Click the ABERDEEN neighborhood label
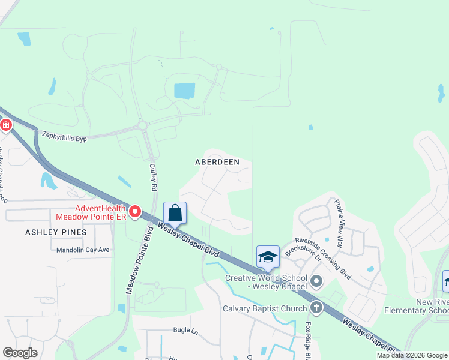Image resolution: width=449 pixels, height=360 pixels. click(217, 162)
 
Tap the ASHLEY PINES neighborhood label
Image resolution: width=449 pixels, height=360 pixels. click(56, 232)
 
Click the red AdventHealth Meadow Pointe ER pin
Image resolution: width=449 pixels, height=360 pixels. click(135, 212)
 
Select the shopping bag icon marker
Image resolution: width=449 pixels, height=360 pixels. click(175, 214)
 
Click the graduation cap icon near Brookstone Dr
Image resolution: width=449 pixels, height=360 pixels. click(268, 257)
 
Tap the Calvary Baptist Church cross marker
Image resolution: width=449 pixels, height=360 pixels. click(316, 308)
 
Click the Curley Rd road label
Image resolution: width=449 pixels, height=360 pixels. click(153, 177)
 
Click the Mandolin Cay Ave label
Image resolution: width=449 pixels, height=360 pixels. click(80, 250)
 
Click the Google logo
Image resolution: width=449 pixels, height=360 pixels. click(20, 353)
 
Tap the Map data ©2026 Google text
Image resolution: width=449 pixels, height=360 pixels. click(411, 355)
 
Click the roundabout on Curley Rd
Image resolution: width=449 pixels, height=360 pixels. click(143, 125)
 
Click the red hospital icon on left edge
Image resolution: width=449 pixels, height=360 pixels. click(5, 125)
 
